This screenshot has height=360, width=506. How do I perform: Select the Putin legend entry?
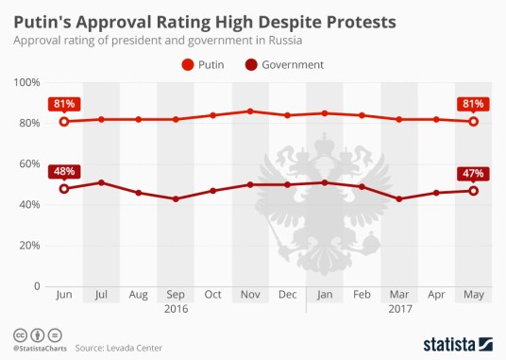coord(205,65)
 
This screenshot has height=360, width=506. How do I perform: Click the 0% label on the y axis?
coord(36,286)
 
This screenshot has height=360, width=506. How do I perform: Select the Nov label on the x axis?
coord(249,296)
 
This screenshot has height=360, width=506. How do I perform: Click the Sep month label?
coord(176,296)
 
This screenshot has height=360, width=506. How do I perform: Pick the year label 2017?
coord(399,309)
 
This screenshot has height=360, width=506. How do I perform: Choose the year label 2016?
coord(176,309)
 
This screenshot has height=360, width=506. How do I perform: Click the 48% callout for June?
coord(64,172)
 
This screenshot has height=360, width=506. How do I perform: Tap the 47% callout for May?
coord(473,173)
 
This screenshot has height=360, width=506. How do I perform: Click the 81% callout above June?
coord(64,103)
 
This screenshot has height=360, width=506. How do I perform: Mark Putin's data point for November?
coord(249,111)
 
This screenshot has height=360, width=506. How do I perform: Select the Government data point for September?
coord(176,198)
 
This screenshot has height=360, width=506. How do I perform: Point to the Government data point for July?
coord(101,182)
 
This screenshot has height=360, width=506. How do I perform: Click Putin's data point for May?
coord(473,121)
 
